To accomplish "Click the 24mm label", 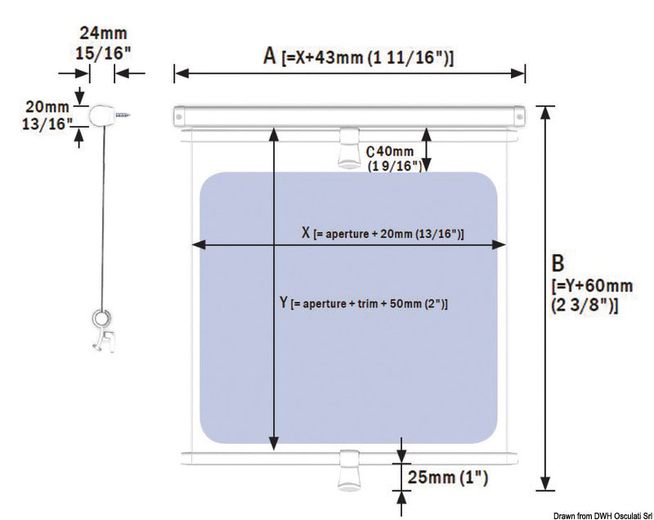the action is tap(104, 33).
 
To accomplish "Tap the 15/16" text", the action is tap(103, 53).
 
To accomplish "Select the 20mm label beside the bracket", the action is tap(47, 107).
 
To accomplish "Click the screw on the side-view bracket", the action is tap(122, 114).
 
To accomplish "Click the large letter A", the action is tap(270, 56).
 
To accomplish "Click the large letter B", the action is tap(558, 263).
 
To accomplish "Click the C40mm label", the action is tap(390, 151).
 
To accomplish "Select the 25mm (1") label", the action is tap(447, 477).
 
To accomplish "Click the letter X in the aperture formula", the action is tap(306, 233).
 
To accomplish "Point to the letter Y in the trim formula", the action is tap(284, 302).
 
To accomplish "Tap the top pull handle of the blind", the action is tap(349, 149).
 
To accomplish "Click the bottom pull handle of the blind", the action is tap(349, 470).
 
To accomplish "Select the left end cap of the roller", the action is tap(178, 117).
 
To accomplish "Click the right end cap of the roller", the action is tap(520, 117).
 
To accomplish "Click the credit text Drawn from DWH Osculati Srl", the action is tap(603, 516).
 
